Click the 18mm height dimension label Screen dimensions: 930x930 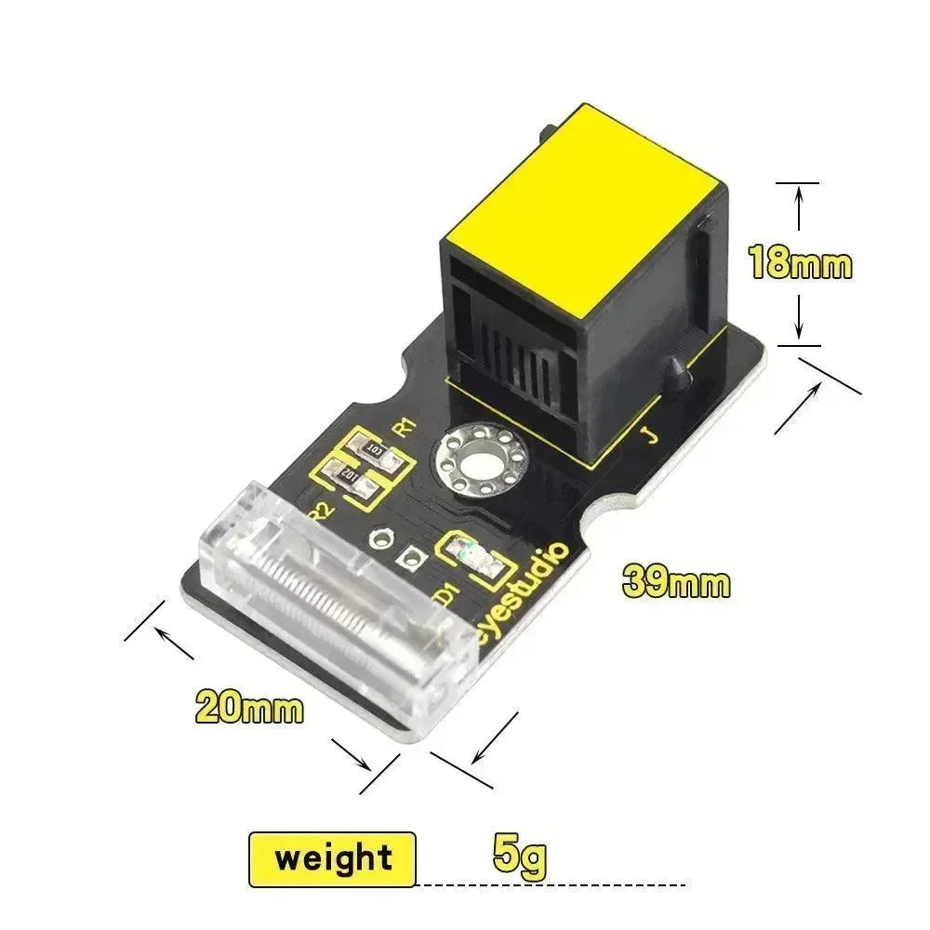[801, 263]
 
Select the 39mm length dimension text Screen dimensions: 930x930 [676, 583]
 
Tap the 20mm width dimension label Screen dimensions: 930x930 [249, 708]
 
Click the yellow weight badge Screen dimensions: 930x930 [332, 857]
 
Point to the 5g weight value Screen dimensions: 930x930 [520, 857]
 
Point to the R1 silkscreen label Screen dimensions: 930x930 [404, 427]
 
